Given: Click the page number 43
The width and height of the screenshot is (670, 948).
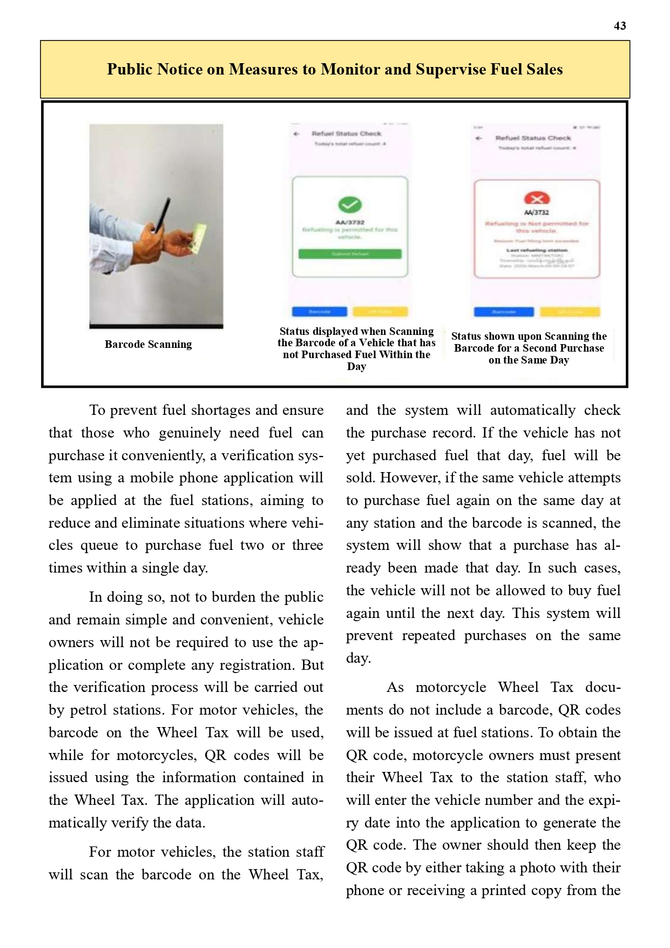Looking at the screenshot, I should coord(620,26).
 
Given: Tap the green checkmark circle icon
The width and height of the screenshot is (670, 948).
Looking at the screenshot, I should coord(350,205).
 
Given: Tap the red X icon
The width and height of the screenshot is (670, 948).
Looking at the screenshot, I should coord(537,199).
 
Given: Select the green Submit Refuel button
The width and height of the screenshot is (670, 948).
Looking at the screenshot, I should coord(350,254).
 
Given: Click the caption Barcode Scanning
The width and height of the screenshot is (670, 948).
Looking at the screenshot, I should coord(148,344).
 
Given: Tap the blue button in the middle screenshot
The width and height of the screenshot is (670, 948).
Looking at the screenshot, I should coord(320,312).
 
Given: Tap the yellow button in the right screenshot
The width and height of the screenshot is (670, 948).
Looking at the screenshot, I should coord(570,312).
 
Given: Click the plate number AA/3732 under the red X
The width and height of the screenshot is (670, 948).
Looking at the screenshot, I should coord(537,212).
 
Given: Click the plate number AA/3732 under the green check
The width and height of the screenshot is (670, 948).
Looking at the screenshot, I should coord(350,222).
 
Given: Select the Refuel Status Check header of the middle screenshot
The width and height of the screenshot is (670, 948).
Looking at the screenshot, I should coord(347,133).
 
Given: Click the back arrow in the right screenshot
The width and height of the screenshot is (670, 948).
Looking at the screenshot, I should coord(478,138).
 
